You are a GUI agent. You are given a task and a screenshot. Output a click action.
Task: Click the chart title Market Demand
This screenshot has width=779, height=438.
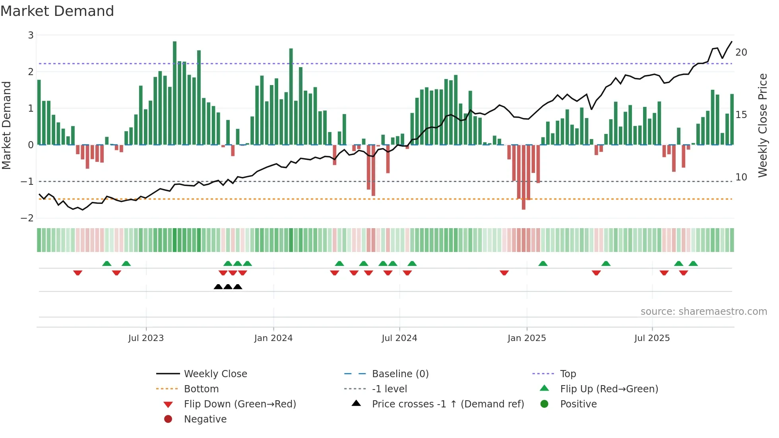tap(57, 11)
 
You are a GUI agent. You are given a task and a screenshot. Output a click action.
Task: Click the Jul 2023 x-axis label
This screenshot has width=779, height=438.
tap(146, 338)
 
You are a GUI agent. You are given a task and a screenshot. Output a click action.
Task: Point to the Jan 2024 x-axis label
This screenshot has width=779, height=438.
tap(273, 338)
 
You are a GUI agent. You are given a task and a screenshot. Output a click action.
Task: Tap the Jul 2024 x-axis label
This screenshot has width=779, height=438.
tap(399, 338)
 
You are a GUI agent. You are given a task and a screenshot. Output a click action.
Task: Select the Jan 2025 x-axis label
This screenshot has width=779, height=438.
tap(527, 338)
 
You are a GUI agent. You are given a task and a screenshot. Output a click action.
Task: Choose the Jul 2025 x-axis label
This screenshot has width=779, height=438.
tap(652, 338)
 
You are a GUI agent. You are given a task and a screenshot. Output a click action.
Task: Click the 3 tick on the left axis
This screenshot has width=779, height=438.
tap(31, 35)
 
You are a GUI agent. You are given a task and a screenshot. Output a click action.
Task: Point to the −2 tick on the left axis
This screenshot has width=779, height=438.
tap(27, 218)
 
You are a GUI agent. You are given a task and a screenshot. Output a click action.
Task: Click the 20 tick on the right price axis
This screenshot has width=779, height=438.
tap(741, 52)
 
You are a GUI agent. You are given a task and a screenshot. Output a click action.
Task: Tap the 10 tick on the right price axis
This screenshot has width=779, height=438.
tap(741, 177)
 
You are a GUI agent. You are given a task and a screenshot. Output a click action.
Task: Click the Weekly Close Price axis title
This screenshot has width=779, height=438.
tap(762, 125)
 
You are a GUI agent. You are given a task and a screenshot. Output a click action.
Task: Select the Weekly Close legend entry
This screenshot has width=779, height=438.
tap(215, 374)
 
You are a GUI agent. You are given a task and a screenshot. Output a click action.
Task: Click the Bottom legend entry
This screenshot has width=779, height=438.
tap(201, 389)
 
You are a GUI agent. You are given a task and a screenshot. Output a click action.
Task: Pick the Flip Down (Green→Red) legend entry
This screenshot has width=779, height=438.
tap(240, 404)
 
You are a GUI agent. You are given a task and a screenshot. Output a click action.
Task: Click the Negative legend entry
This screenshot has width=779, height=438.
tap(205, 419)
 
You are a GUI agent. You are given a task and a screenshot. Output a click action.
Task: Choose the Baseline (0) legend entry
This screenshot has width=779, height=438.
tap(400, 374)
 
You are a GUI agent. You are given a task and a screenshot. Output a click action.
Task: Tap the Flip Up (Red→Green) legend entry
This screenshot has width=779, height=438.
tap(609, 389)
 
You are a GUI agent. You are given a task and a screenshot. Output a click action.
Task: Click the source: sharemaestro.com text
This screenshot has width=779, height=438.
tap(703, 312)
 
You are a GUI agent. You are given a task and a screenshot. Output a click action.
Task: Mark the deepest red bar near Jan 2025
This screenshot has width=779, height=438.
tap(523, 177)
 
